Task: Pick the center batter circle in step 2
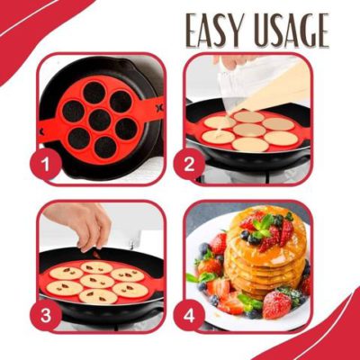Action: pyautogui.click(x=249, y=130)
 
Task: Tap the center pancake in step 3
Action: pyautogui.click(x=99, y=280)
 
